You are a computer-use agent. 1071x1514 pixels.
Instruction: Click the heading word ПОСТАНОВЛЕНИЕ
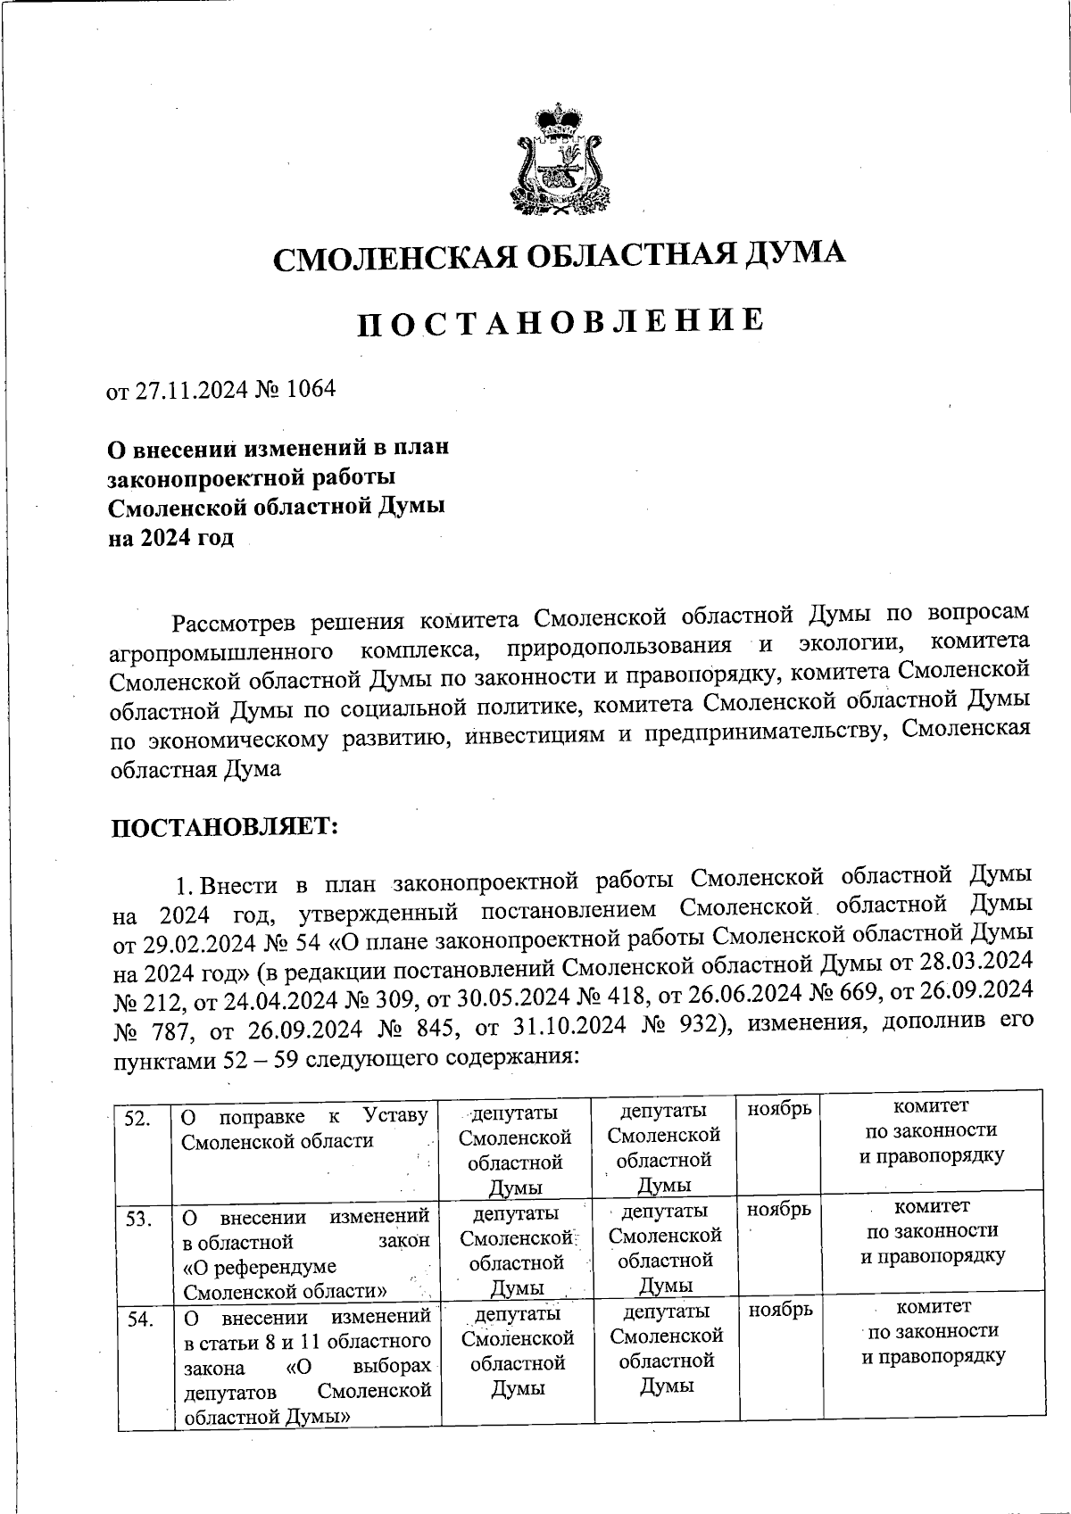click(560, 323)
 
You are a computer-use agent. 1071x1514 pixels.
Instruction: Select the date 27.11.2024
click(189, 390)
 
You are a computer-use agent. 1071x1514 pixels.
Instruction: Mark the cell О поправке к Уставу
click(304, 1129)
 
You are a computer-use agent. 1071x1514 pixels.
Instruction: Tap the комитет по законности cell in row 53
click(932, 1231)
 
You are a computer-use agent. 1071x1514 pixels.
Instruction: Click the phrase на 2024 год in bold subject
click(170, 538)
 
